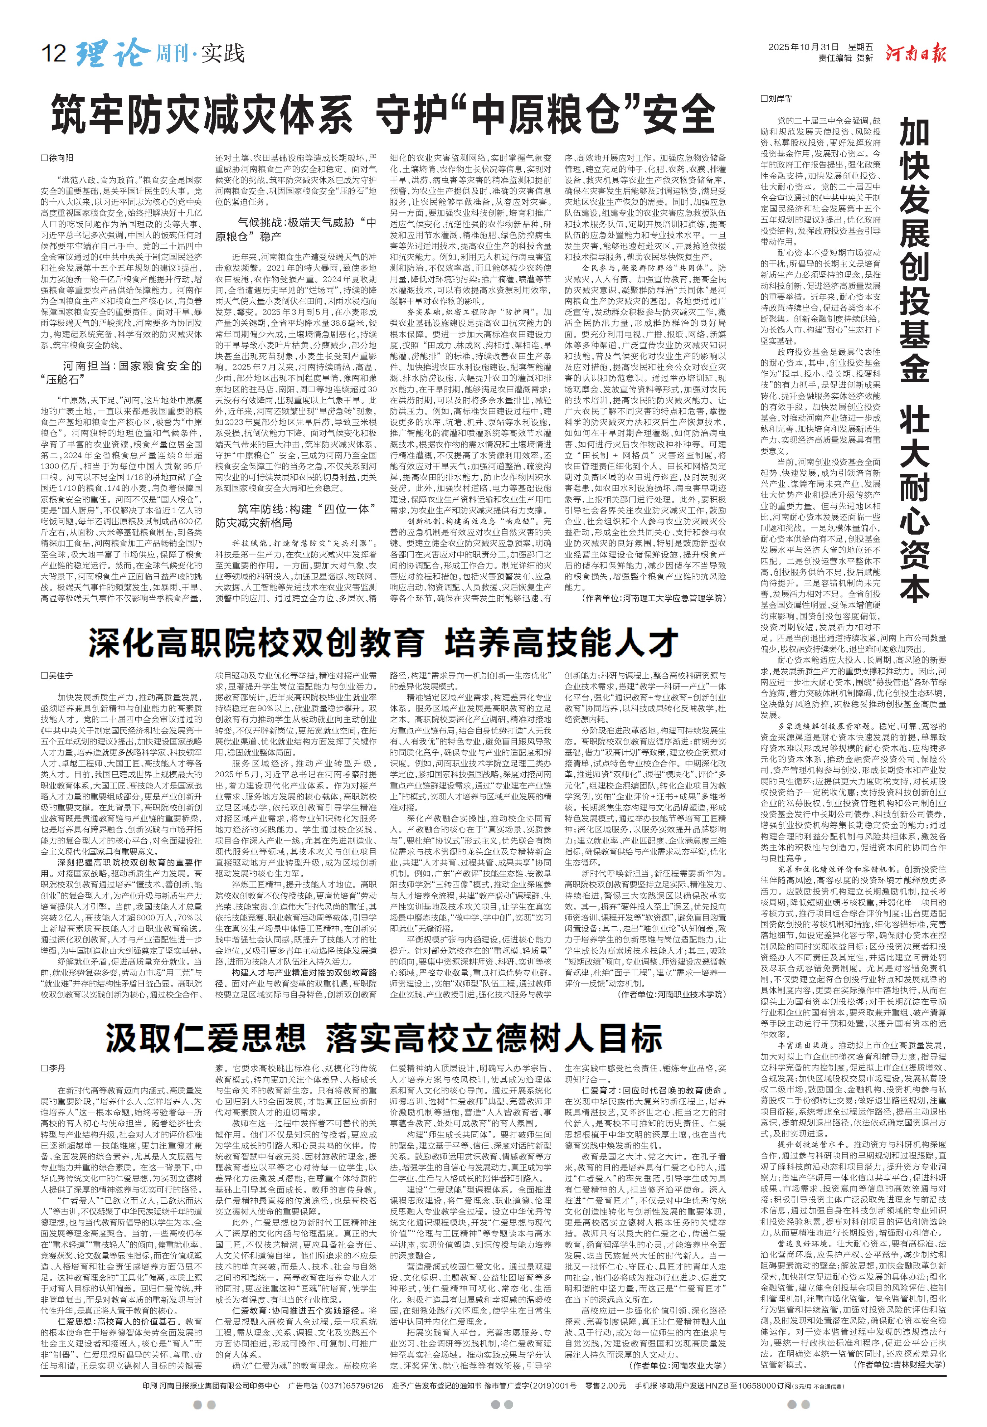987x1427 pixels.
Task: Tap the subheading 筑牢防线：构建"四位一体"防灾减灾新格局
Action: pyautogui.click(x=295, y=515)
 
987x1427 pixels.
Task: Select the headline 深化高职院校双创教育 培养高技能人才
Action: pyautogui.click(x=383, y=642)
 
